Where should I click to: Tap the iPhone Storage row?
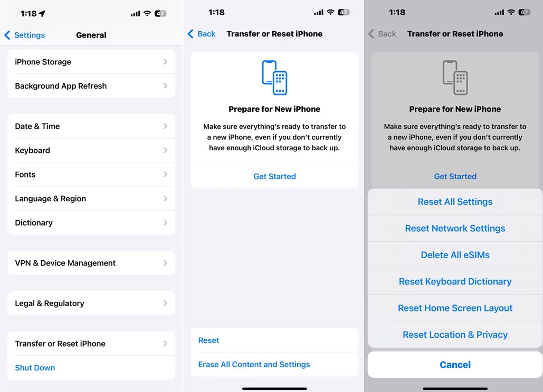[x=91, y=62]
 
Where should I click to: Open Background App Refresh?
[x=91, y=86]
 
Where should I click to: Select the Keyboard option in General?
[x=91, y=150]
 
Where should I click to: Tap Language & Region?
[x=91, y=199]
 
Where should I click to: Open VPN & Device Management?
[x=91, y=263]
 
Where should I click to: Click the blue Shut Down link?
[x=35, y=368]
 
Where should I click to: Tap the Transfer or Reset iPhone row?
[x=91, y=344]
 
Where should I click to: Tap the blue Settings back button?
[x=25, y=35]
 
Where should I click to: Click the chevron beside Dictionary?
[x=166, y=223]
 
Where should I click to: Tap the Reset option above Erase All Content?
[x=208, y=340]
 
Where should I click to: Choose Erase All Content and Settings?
[x=254, y=365]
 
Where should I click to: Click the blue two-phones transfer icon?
[x=274, y=77]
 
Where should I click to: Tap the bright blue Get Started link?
[x=274, y=177]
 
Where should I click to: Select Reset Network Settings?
[x=455, y=228]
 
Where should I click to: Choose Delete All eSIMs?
[x=455, y=255]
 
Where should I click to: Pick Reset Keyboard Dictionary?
[x=455, y=281]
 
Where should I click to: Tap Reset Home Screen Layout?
[x=455, y=308]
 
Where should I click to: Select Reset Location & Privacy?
[x=455, y=335]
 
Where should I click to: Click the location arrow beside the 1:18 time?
[x=42, y=14]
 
